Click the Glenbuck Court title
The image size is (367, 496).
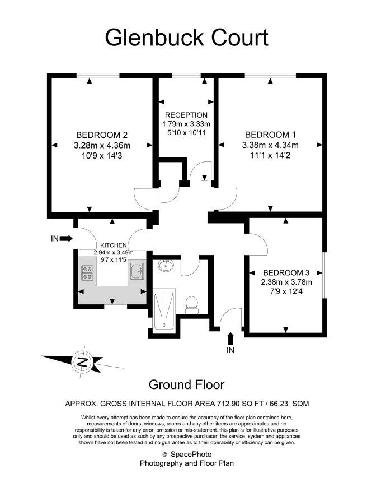point(186,38)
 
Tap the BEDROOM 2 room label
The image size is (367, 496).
point(102,135)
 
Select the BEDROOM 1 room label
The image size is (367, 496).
point(270,135)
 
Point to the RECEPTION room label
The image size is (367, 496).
point(186,115)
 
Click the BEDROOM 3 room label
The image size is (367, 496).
point(286,273)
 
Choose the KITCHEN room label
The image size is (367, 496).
point(114,245)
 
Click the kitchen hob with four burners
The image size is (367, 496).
point(87,273)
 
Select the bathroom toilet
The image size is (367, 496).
point(192,304)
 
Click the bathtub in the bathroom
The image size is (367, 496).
point(164,310)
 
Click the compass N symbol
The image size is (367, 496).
point(82,361)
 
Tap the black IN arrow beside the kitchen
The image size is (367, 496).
point(65,238)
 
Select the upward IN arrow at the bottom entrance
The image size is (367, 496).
point(230,339)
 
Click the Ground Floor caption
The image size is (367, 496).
point(186,384)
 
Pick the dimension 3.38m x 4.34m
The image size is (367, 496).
point(270,145)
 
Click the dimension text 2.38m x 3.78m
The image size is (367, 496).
point(286,282)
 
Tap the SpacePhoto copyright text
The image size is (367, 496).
point(187,455)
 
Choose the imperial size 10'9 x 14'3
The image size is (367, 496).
point(102,156)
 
